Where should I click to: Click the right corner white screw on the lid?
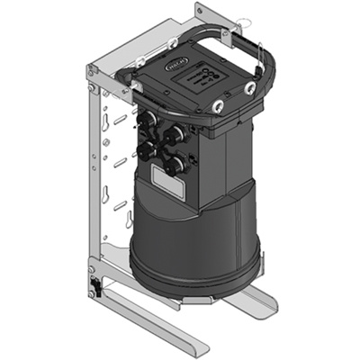click(x=249, y=89)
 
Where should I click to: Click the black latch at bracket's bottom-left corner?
click(x=94, y=288)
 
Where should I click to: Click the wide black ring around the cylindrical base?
click(x=193, y=270)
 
